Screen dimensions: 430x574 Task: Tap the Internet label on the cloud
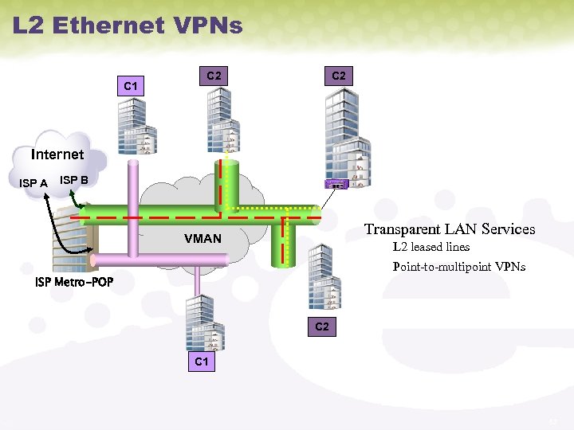[57, 154]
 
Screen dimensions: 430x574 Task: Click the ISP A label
[33, 183]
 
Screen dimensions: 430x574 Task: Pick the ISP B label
[74, 180]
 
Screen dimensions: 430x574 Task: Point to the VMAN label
[202, 238]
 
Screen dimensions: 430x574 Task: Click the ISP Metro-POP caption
[74, 283]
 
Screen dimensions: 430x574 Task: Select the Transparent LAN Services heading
[450, 229]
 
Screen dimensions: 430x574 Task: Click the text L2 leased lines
[431, 247]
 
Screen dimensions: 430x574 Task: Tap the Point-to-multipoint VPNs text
[458, 267]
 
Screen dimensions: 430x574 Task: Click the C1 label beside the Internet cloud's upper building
[132, 85]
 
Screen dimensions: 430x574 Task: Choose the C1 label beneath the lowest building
[202, 362]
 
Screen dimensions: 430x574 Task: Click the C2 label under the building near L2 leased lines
[321, 326]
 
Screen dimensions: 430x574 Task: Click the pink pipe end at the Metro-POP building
[94, 260]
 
